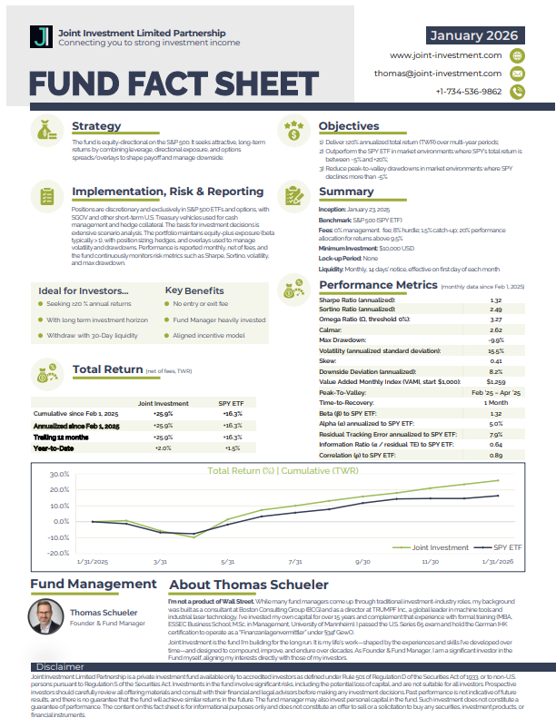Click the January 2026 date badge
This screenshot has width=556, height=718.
coord(474,35)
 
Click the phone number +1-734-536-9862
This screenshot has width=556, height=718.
coord(468,92)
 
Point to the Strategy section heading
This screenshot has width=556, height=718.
coord(96,126)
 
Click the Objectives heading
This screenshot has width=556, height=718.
coord(349,126)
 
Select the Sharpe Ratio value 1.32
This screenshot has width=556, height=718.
coord(495,300)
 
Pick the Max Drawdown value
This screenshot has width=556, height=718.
coord(496,339)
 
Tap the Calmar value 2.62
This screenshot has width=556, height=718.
coord(495,329)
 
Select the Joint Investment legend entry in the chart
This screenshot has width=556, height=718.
coord(440,548)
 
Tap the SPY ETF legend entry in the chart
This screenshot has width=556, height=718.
coord(507,548)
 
